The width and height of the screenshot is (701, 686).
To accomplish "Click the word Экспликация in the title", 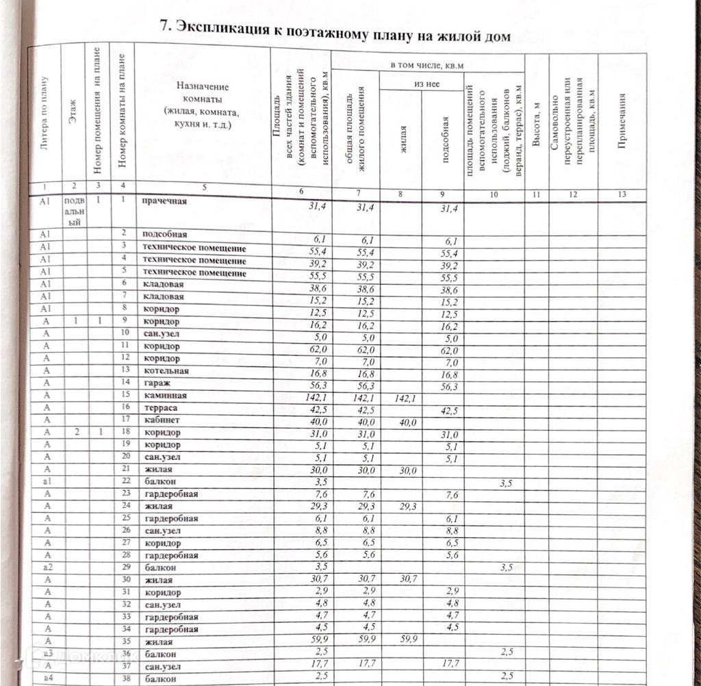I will tap(222, 29).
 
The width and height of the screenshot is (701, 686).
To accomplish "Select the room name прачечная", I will tap(164, 202).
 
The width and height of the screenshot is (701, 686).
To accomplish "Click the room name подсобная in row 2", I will tap(164, 234).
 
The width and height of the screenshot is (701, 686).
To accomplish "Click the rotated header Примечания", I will tap(622, 120).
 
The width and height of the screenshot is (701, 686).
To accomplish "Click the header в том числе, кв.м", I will tap(426, 64).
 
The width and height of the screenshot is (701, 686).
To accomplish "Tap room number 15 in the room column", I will tap(125, 396).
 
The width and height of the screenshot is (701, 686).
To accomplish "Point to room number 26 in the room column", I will tap(125, 531).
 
